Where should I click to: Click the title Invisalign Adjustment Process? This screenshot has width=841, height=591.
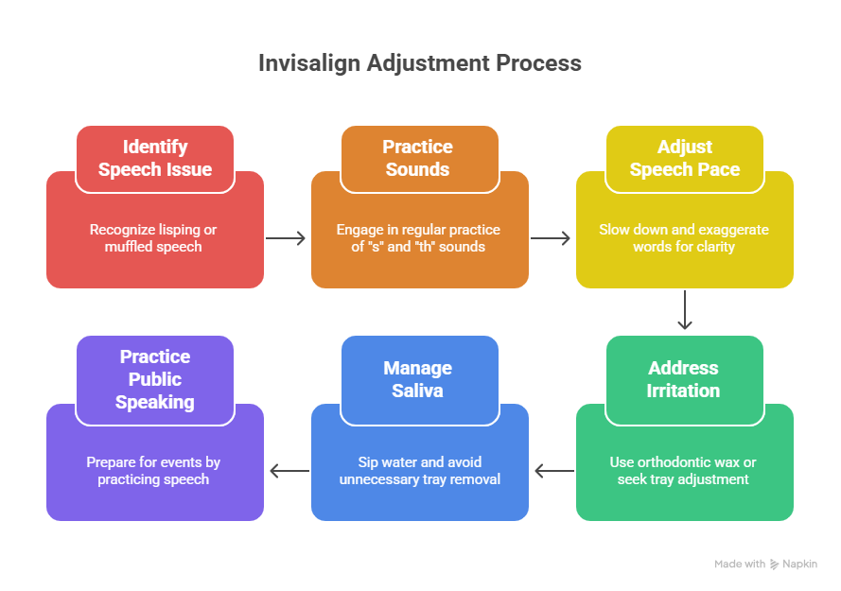tap(420, 63)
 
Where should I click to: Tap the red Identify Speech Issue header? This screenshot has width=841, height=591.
tap(155, 158)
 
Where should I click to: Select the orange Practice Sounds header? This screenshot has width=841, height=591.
tap(417, 158)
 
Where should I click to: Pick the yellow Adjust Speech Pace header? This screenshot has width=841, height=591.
tap(684, 158)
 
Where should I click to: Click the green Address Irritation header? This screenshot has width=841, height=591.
tap(683, 379)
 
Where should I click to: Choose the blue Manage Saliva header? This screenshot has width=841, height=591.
tap(417, 379)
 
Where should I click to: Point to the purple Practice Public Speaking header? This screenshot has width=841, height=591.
tap(155, 379)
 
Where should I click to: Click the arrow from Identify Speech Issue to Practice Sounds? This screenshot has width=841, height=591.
tap(287, 238)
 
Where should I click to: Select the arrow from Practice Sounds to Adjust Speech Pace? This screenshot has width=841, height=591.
tap(552, 238)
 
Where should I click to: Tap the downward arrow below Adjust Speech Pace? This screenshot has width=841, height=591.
tap(685, 311)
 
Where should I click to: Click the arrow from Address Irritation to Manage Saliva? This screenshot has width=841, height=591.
tap(553, 471)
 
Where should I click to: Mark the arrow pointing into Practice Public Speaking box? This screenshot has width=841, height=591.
tap(289, 471)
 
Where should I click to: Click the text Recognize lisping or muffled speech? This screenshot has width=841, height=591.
tap(155, 238)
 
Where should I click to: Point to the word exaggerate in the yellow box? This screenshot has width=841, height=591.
tap(730, 230)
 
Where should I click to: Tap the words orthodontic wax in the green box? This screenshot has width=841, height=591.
tap(684, 462)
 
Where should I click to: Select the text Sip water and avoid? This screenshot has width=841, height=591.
tap(420, 462)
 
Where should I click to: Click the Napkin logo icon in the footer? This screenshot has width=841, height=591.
tap(775, 564)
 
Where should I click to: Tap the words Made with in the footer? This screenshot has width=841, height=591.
tap(740, 564)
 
